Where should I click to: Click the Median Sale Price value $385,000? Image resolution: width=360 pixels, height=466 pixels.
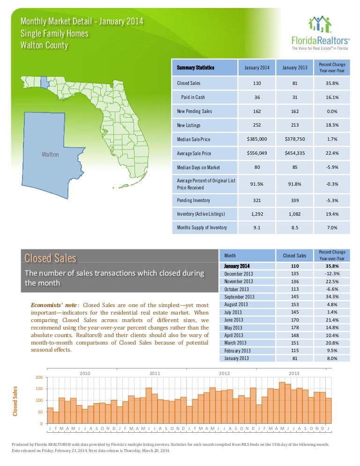[x=257, y=139]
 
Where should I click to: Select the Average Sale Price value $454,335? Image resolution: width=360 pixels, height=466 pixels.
[x=295, y=153]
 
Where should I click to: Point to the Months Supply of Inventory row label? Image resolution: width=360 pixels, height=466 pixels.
[x=202, y=228]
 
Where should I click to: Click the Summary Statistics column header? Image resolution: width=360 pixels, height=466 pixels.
[x=196, y=68]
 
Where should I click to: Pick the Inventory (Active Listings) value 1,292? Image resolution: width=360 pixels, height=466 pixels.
[x=257, y=214]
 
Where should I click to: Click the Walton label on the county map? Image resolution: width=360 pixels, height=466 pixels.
[x=50, y=155]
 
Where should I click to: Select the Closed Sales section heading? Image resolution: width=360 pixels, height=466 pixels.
[x=50, y=258]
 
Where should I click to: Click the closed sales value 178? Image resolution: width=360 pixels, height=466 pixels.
[x=295, y=327]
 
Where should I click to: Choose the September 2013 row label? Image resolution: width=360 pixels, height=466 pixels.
[x=239, y=297]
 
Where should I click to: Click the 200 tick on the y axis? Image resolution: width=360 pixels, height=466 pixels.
[x=39, y=377]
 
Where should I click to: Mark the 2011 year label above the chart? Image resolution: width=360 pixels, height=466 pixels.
[x=155, y=373]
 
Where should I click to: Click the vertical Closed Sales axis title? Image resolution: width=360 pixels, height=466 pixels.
[x=15, y=401]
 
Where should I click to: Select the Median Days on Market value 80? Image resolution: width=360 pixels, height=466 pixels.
[x=257, y=167]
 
